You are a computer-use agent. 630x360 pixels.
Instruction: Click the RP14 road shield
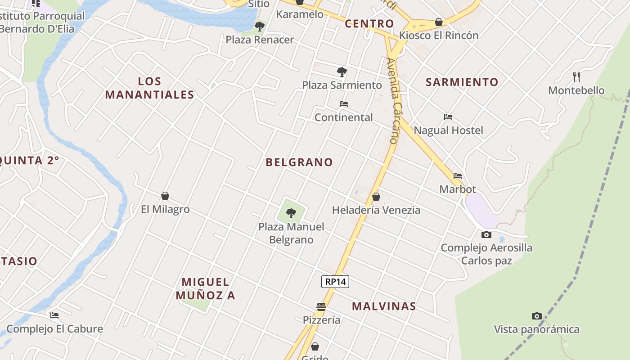335,282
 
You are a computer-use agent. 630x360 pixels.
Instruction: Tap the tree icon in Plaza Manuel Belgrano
291,213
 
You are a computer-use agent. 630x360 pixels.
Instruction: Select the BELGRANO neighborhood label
299,162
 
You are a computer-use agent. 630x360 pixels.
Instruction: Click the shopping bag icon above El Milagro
165,196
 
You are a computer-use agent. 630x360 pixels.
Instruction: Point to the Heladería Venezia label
376,210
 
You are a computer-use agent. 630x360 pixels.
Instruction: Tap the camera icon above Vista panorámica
536,316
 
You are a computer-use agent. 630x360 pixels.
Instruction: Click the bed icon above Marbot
458,176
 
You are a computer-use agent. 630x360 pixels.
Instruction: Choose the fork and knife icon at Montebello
576,76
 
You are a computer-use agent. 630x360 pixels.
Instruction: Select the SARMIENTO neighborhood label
462,82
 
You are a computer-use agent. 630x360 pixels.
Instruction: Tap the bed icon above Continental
344,104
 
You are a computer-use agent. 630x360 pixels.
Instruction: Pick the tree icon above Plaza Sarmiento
342,72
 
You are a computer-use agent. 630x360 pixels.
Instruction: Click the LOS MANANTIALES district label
149,88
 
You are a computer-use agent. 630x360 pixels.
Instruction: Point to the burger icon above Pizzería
321,307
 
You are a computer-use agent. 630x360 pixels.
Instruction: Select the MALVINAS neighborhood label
384,306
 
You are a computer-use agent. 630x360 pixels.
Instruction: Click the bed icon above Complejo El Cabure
54,315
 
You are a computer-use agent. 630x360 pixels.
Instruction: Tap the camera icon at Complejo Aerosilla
486,234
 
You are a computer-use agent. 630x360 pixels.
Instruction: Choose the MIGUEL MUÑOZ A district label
206,288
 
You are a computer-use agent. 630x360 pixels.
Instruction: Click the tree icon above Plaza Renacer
259,27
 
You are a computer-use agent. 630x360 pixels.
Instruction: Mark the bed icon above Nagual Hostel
448,117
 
